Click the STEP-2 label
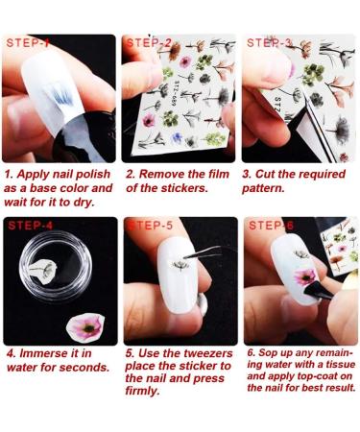[x=150, y=43]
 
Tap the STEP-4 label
[x=31, y=226]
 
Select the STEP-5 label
[x=151, y=226]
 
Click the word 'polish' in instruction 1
[x=94, y=175]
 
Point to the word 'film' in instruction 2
[x=219, y=174]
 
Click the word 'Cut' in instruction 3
[x=265, y=174]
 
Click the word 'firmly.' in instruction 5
[x=142, y=391]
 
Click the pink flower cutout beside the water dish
[x=85, y=327]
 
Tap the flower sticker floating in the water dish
[x=43, y=268]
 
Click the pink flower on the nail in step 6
[x=305, y=277]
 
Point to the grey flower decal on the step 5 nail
[x=181, y=265]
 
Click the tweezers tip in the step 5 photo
[x=185, y=256]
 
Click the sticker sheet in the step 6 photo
[x=339, y=246]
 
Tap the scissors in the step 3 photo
[x=317, y=128]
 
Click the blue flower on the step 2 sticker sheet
[x=177, y=138]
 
